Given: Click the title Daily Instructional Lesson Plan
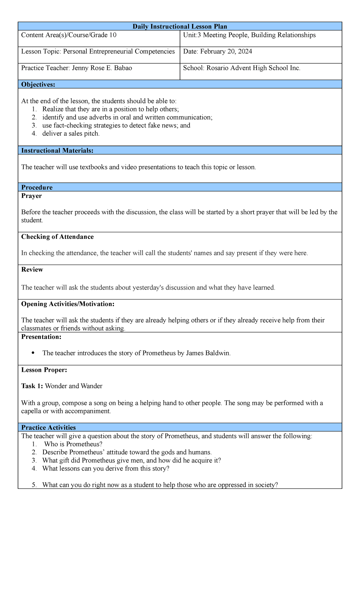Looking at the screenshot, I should pyautogui.click(x=180, y=26).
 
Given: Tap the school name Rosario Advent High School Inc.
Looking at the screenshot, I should pyautogui.click(x=253, y=68).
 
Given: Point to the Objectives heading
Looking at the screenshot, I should pyautogui.click(x=38, y=85).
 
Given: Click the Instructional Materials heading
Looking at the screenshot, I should pyautogui.click(x=57, y=151).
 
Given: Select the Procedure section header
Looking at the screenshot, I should pyautogui.click(x=37, y=188).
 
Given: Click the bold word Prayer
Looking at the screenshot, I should pyautogui.click(x=31, y=196).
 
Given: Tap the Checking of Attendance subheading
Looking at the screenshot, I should pyautogui.click(x=57, y=237).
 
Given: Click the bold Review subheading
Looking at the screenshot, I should pyautogui.click(x=32, y=269).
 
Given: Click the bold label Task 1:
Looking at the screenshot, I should pyautogui.click(x=32, y=386).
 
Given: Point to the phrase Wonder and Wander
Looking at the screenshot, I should pyautogui.click(x=73, y=386).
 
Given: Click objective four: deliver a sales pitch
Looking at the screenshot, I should pyautogui.click(x=71, y=134).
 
